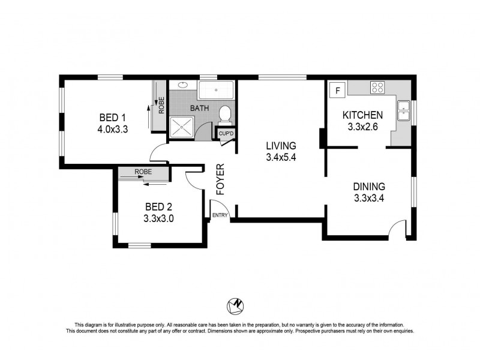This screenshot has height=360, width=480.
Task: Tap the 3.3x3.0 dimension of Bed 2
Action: (x=158, y=218)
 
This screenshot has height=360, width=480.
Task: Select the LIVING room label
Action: (x=281, y=146)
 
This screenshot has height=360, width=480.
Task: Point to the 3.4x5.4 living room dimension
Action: (x=281, y=158)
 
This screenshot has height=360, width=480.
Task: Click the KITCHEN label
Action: (x=362, y=115)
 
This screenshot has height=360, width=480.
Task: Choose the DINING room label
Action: (x=369, y=187)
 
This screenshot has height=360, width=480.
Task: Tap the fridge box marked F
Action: (x=338, y=91)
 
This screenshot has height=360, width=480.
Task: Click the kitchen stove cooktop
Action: (x=378, y=88)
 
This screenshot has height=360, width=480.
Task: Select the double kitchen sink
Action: (x=404, y=112)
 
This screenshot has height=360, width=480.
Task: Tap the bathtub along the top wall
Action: (x=216, y=90)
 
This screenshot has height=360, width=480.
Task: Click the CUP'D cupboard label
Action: (x=226, y=133)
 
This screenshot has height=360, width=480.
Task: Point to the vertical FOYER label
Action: (x=220, y=179)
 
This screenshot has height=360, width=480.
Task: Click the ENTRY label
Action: (x=220, y=215)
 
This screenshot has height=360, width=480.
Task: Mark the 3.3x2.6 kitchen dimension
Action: (x=362, y=127)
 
